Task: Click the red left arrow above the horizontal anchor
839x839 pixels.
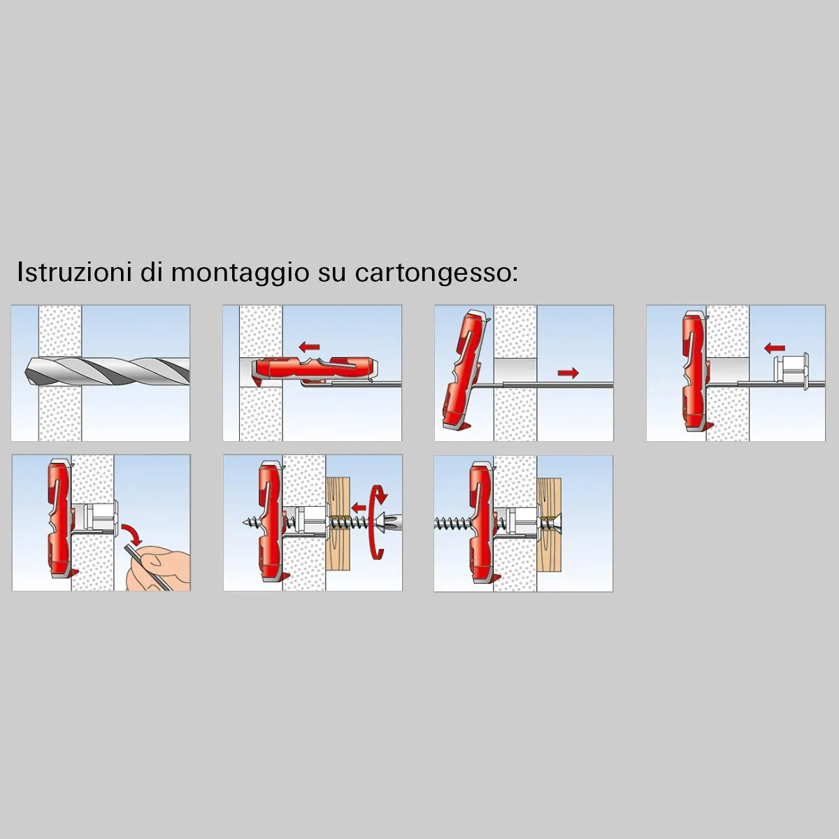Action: [309, 346]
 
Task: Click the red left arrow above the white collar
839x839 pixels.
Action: [774, 347]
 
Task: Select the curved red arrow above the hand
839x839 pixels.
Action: [133, 535]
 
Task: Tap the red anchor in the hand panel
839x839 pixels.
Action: [57, 521]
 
